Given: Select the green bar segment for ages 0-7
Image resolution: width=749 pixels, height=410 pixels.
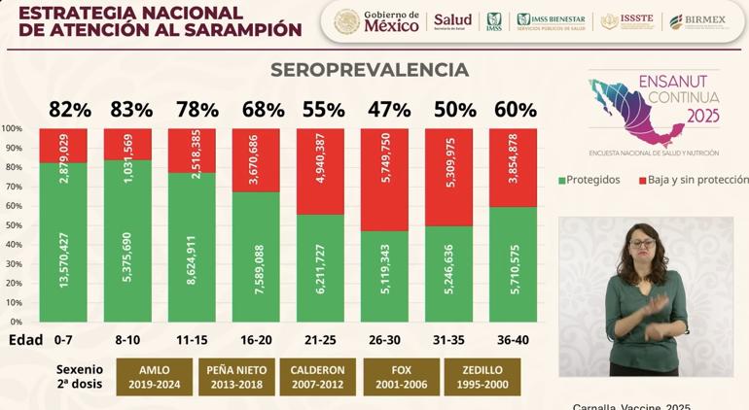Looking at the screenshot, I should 63,243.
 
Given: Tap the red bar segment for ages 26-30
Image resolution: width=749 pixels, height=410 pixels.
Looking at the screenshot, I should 384,180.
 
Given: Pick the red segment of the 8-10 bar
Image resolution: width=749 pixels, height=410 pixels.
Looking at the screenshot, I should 127,144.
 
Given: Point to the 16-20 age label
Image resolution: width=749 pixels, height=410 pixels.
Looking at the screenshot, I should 255,340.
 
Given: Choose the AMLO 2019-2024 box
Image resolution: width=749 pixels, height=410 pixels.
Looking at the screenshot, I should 155,377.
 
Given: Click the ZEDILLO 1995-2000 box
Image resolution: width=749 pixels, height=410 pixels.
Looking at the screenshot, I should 481,377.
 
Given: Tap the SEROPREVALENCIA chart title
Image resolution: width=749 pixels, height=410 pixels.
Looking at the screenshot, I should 370,70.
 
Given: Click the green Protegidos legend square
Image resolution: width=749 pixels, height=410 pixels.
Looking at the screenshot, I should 561,180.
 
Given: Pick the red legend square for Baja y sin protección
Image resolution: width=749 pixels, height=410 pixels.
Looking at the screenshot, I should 642,180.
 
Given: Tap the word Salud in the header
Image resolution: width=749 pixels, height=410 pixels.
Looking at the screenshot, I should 452,20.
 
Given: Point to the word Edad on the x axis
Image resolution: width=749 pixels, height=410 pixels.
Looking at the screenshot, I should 25,340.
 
